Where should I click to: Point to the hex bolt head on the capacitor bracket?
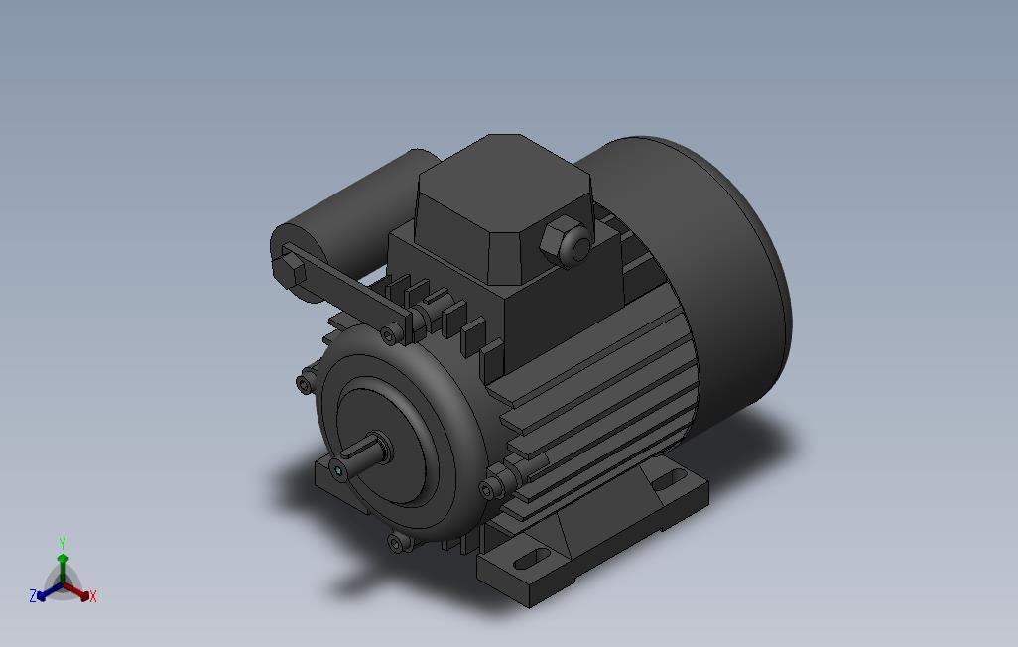click(x=292, y=270)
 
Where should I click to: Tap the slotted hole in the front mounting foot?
click(x=531, y=558)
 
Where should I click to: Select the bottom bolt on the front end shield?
click(x=398, y=543)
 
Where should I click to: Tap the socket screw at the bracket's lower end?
click(x=391, y=334)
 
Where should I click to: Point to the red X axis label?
click(x=92, y=596)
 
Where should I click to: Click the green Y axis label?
click(x=62, y=543)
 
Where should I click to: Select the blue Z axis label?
click(x=33, y=596)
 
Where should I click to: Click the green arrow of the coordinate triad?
click(x=63, y=563)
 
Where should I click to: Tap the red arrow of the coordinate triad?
click(x=79, y=593)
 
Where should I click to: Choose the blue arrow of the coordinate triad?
click(x=46, y=593)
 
